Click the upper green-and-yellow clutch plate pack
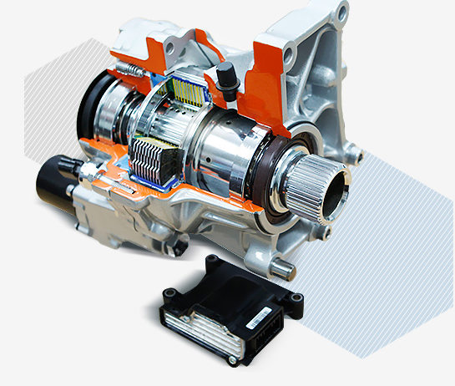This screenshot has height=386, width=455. point(187,94)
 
